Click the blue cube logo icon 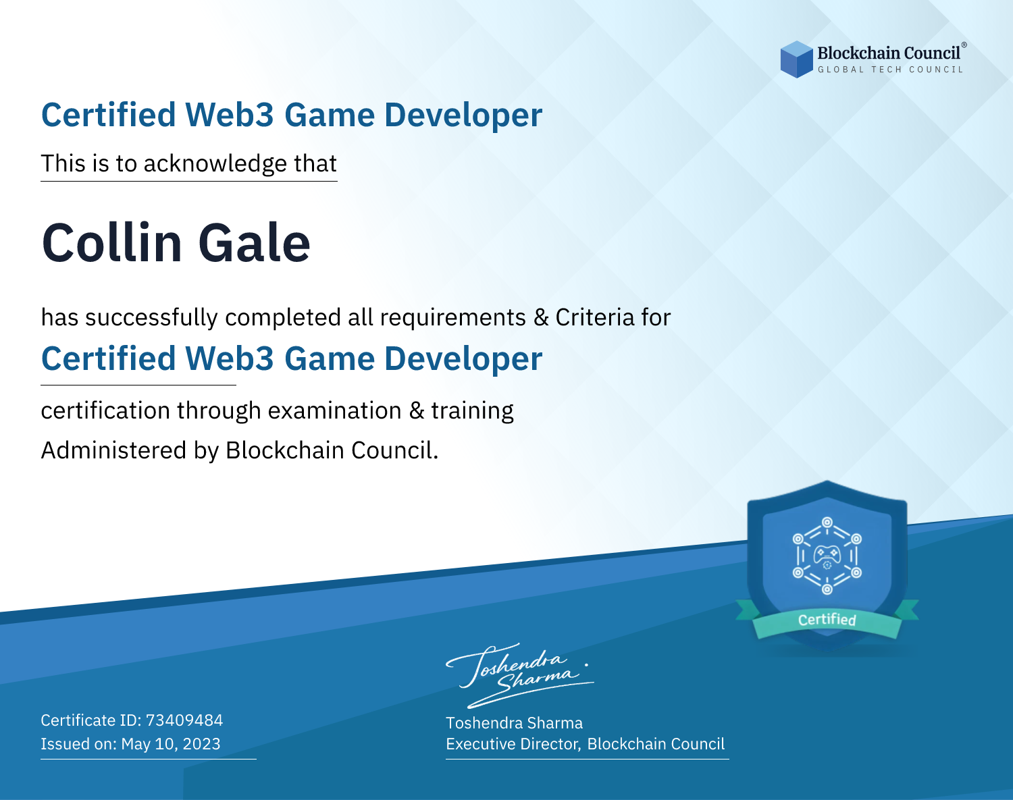pos(796,59)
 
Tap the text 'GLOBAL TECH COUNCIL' pos(891,70)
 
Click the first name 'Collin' pos(112,242)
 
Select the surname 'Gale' pos(254,242)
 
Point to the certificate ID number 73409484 pos(184,720)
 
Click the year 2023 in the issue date pos(201,743)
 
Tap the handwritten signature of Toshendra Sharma pos(520,675)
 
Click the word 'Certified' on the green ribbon pos(827,620)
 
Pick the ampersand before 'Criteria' pos(541,317)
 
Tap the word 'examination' pos(335,410)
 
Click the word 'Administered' pos(114,450)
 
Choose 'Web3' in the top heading pos(229,115)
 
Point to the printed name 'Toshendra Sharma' pos(514,723)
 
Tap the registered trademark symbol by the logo pos(964,45)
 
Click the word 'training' pos(473,411)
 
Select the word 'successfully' pos(151,318)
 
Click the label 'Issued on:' pos(78,743)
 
